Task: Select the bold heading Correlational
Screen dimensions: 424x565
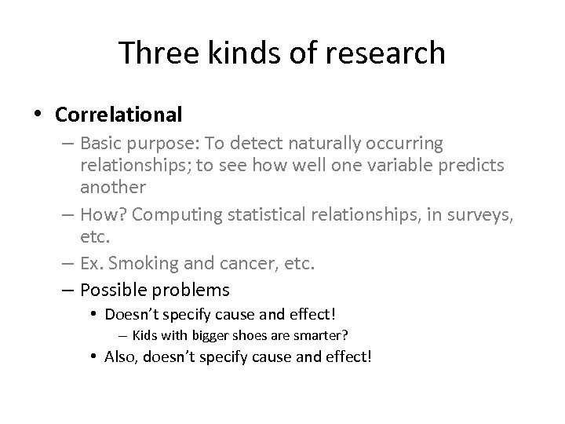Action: coord(118,115)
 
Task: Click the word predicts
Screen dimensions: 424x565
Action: coord(476,165)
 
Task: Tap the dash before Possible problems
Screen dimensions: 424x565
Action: coord(65,290)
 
